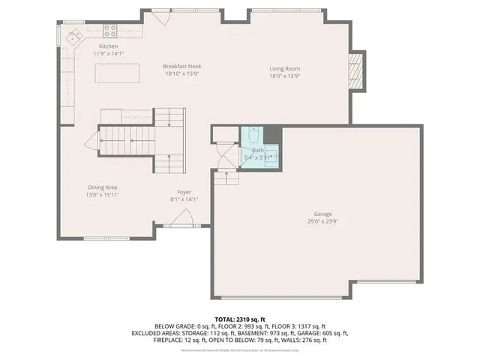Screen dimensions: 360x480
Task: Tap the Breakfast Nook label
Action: pos(182,67)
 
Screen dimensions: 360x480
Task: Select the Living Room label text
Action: pos(285,69)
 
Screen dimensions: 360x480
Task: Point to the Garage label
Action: pos(322,214)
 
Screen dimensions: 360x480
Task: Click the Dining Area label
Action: pos(102,187)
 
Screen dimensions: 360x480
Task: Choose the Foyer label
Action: pos(184,192)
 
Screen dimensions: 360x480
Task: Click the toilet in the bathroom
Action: pos(253,136)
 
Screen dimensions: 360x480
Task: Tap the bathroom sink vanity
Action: pos(272,155)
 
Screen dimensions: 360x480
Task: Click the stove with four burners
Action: pos(109,31)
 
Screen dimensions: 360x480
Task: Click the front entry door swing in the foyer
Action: pos(180,218)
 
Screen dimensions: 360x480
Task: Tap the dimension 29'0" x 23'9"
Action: pos(322,221)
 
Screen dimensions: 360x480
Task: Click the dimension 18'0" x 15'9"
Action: pos(285,76)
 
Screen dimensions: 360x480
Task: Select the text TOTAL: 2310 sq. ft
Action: pos(240,319)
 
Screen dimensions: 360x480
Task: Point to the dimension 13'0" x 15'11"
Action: pos(102,194)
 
